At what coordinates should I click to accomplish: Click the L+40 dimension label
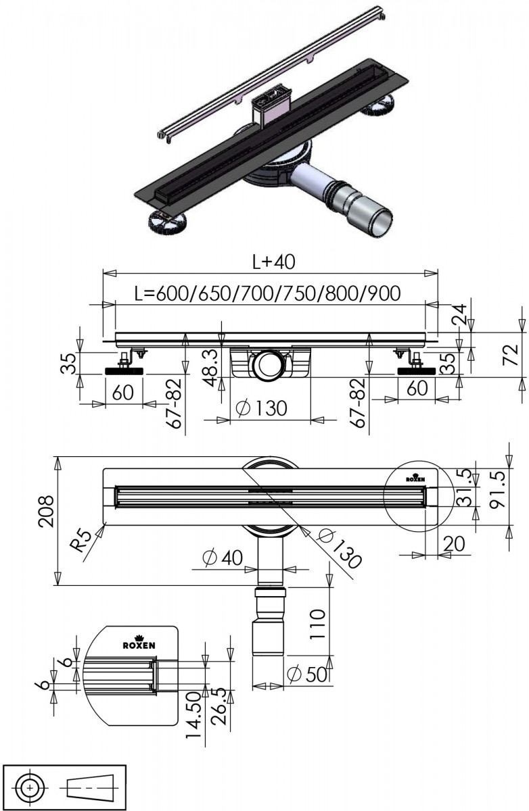tap(273, 262)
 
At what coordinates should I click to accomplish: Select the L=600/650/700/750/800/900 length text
tap(267, 293)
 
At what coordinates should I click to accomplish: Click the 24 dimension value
tap(459, 315)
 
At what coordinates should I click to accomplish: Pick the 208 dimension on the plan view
tap(47, 511)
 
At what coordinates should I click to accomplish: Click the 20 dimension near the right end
tap(454, 543)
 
